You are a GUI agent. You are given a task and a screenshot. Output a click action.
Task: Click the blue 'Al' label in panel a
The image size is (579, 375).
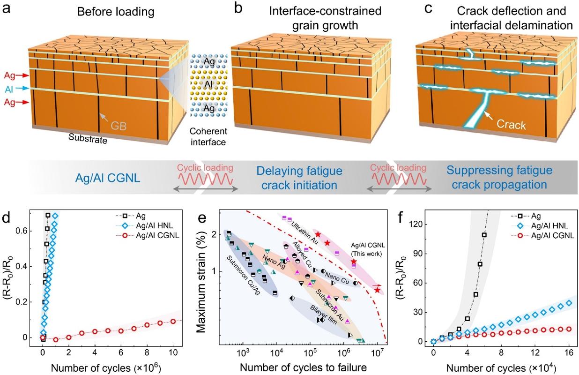pyautogui.click(x=9, y=89)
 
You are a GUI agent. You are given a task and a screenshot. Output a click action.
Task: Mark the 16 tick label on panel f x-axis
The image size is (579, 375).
pyautogui.click(x=569, y=351)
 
